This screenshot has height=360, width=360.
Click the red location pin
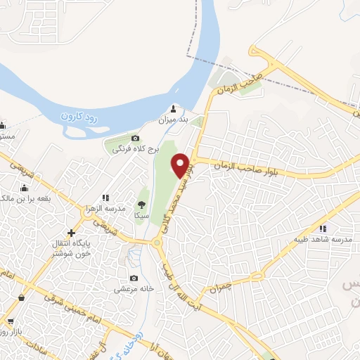point(182,165)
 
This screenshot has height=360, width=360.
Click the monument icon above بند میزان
point(174,108)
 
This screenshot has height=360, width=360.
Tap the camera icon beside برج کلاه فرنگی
point(136,138)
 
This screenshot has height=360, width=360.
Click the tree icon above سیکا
point(143,204)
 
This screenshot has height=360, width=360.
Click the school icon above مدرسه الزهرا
point(106,198)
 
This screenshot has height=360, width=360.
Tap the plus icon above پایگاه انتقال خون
point(70,232)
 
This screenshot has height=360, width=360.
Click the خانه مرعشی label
point(134,288)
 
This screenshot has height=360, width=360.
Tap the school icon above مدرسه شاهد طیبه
point(323,228)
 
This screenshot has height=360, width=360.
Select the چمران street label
point(220,287)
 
